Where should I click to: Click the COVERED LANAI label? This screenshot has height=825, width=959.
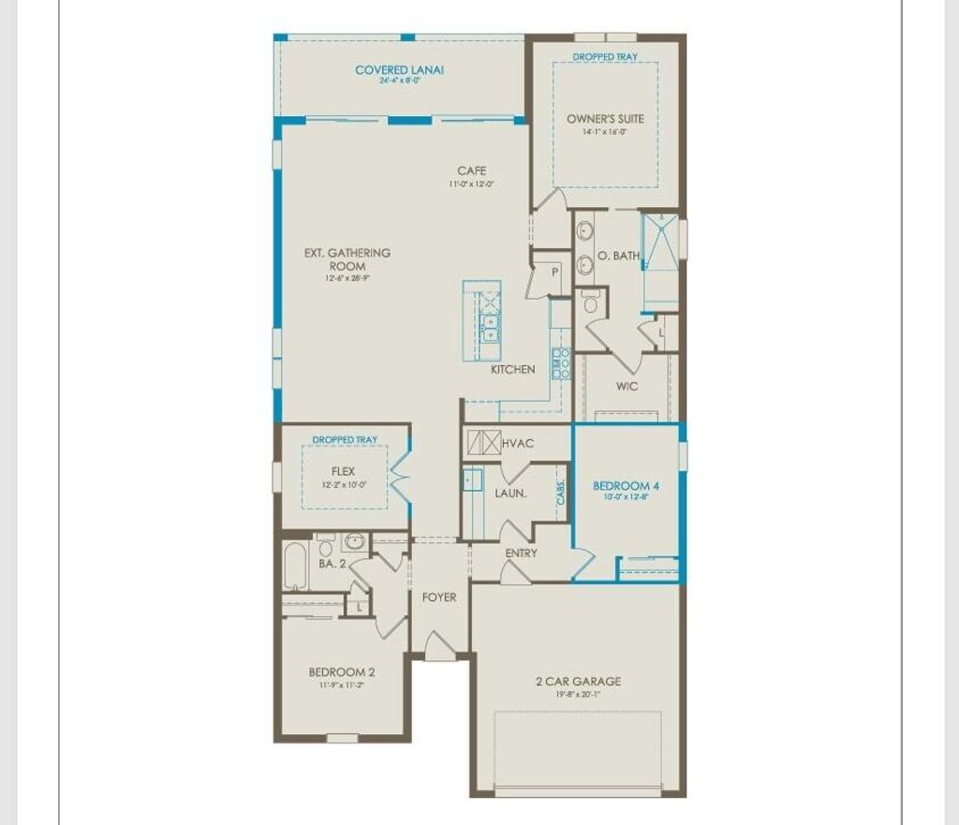[399, 70]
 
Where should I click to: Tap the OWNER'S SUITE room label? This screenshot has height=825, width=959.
[605, 119]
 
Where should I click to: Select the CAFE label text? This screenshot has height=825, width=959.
[471, 170]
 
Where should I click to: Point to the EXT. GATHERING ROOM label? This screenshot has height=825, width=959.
[347, 259]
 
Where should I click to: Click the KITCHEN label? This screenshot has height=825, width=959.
[513, 369]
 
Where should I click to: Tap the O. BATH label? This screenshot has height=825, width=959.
[618, 256]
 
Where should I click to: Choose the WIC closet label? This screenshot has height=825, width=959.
[627, 386]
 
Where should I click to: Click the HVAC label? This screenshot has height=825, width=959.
[518, 443]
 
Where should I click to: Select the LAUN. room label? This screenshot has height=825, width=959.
[510, 493]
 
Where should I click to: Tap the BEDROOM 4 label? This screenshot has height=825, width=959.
[627, 486]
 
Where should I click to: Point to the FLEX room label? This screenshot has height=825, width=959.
[344, 472]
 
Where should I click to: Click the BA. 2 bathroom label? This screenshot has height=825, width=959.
[332, 564]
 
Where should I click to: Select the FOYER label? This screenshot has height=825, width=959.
[439, 597]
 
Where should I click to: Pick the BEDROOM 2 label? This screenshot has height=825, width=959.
[342, 671]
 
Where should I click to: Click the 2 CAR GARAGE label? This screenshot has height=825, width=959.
[578, 681]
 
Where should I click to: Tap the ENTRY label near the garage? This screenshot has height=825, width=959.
[522, 553]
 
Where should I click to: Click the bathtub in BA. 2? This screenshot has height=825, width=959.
[294, 566]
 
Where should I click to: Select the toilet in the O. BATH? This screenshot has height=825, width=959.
[590, 302]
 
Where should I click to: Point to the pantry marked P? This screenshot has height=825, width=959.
[553, 272]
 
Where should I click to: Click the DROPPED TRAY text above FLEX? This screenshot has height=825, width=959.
[345, 439]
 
